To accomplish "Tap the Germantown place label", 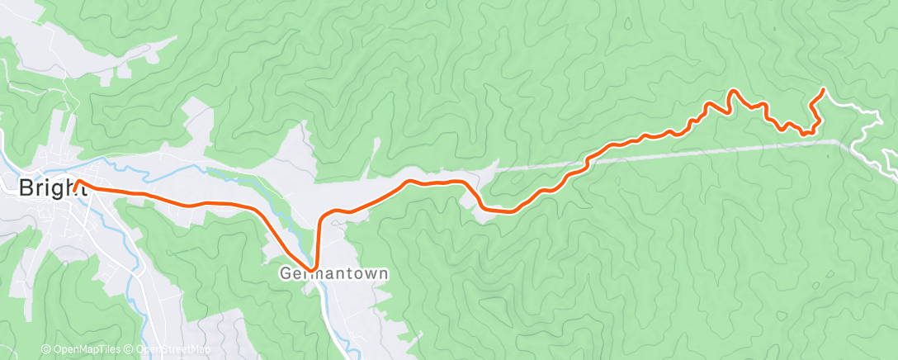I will tap(333, 272).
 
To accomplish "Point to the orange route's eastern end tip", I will tap(823, 89).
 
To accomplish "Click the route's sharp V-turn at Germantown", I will tap(313, 268).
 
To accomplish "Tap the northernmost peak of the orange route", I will tap(732, 91).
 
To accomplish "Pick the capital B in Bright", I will tap(26, 187).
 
